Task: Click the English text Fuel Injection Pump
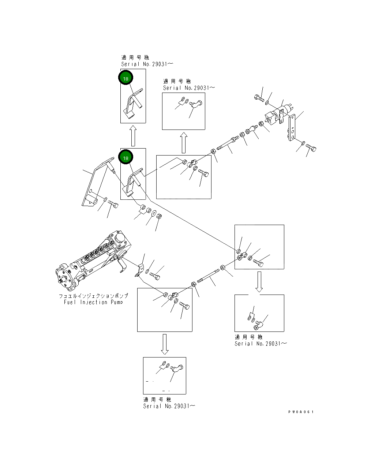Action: tap(93, 302)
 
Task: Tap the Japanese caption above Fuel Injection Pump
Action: tap(94, 296)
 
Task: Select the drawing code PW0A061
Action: tap(301, 412)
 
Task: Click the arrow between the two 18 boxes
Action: tap(133, 136)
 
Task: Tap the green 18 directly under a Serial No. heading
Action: tap(126, 78)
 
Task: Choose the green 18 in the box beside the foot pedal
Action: tap(126, 157)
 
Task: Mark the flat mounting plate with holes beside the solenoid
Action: tap(292, 127)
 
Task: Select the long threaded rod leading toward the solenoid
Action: tap(228, 143)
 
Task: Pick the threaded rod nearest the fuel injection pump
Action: tap(208, 276)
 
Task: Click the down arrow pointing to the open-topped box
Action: tap(259, 282)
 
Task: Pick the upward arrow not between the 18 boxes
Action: tap(184, 143)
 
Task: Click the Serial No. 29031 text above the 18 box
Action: tap(147, 64)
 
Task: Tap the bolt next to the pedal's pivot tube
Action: tap(113, 204)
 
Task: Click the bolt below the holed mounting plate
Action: tap(311, 148)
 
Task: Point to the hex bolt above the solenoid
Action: tap(259, 98)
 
